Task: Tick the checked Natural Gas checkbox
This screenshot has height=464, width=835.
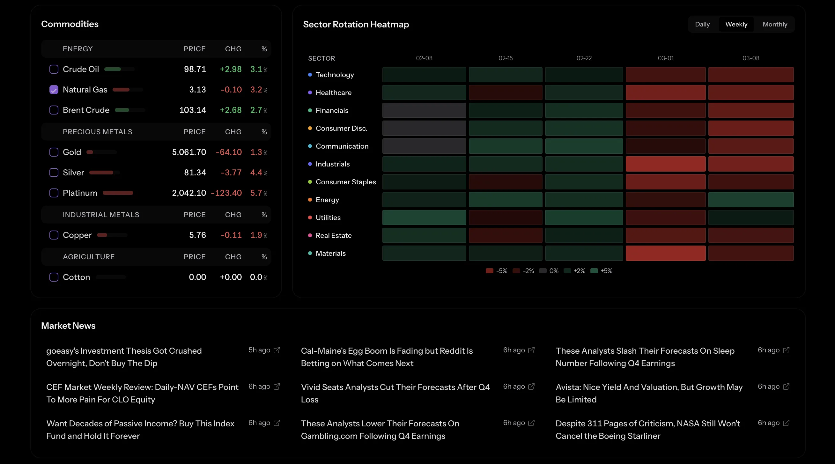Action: tap(54, 90)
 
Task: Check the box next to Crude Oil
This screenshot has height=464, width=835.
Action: tap(54, 69)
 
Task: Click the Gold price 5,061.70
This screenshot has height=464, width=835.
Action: tap(189, 152)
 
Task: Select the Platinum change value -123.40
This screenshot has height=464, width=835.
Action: tap(226, 193)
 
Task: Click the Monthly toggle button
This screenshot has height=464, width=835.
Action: tap(775, 24)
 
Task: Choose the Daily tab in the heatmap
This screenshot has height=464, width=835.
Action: tap(702, 24)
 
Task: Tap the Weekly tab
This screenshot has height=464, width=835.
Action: tap(736, 24)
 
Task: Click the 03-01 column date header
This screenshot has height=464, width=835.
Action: tap(665, 58)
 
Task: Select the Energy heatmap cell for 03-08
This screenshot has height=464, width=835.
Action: tap(751, 200)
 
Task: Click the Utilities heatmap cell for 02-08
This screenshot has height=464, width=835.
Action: tap(424, 217)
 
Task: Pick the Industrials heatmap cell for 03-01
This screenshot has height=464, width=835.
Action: tap(665, 164)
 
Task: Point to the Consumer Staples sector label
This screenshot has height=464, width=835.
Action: tap(345, 182)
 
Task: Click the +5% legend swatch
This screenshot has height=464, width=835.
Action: tap(594, 271)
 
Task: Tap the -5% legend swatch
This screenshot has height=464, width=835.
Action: tap(489, 271)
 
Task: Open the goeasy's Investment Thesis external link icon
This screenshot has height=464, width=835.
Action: tap(277, 350)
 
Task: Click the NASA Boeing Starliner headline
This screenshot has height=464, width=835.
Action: tap(648, 430)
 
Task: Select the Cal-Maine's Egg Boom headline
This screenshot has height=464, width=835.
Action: tap(387, 357)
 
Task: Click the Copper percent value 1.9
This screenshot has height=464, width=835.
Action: tap(256, 235)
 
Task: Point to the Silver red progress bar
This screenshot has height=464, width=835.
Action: tap(101, 173)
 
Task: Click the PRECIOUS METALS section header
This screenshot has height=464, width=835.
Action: tap(97, 132)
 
